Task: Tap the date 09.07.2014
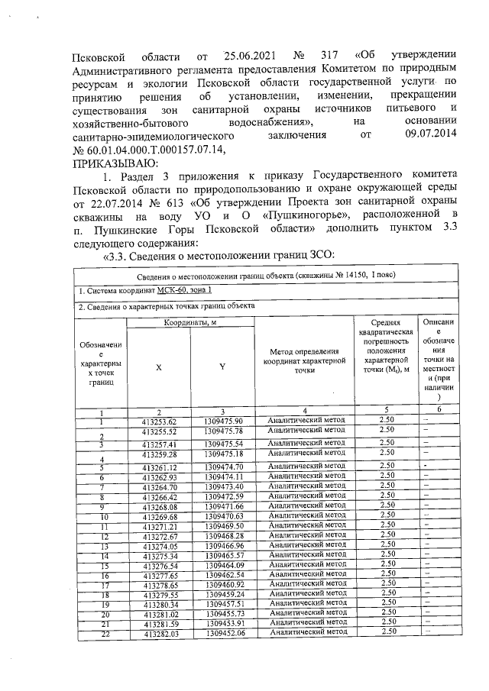431,136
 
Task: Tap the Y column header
222,366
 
